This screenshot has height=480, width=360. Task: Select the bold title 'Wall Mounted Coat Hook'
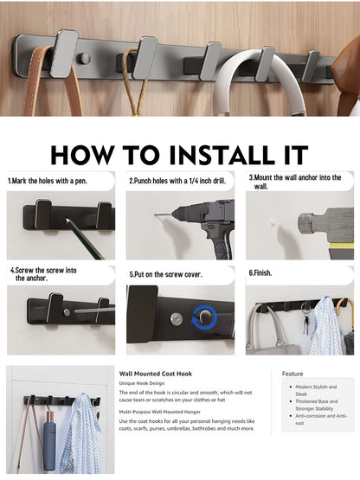pos(155,373)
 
